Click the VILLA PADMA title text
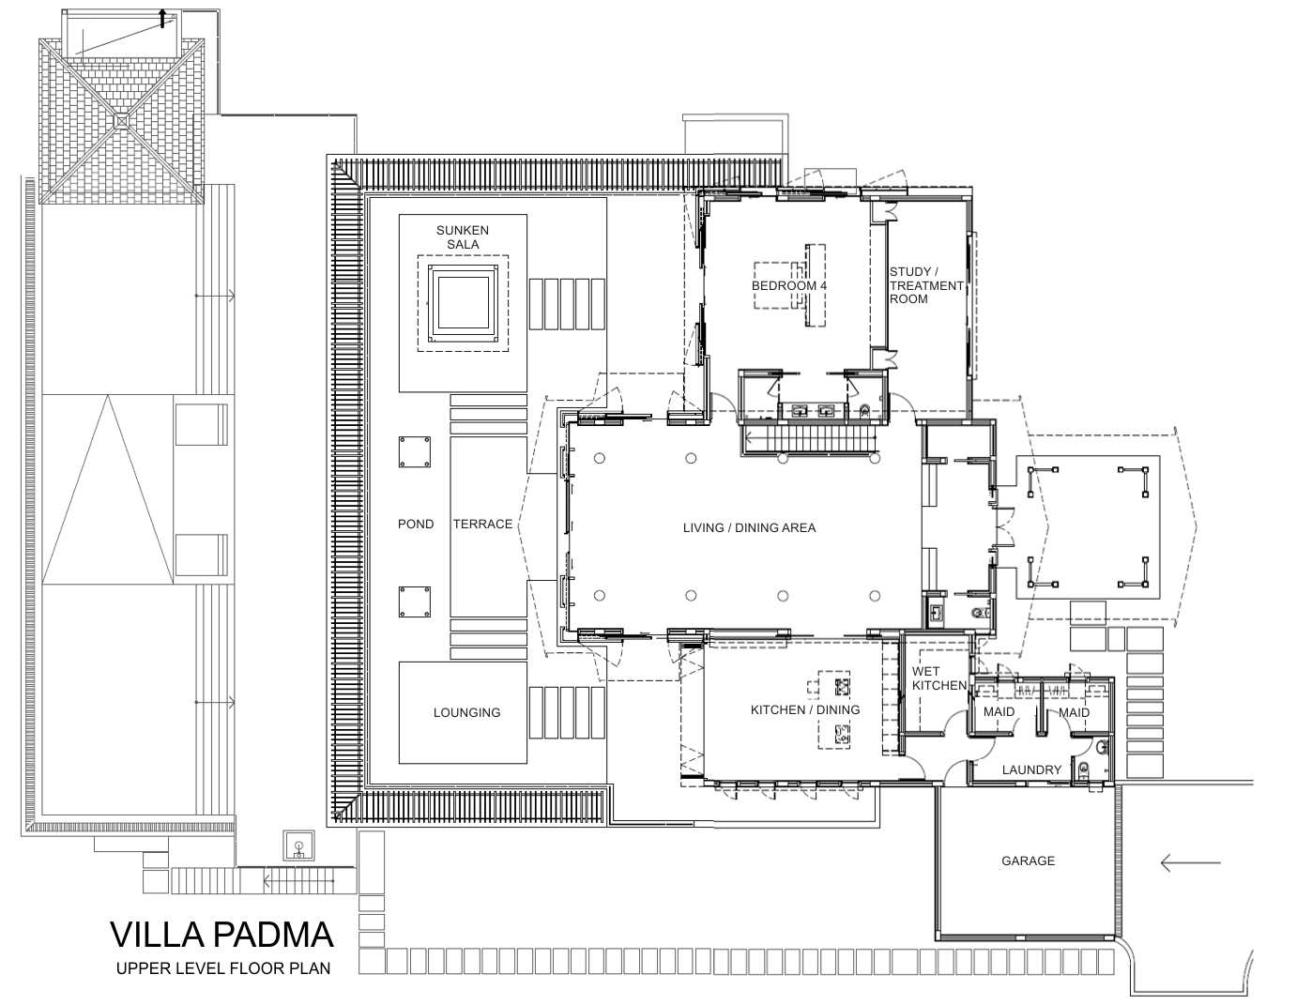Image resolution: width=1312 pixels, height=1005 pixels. click(x=221, y=935)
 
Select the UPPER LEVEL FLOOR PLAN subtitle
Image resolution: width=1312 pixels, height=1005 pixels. click(x=223, y=968)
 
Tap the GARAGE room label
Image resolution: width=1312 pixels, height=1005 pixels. click(x=1028, y=860)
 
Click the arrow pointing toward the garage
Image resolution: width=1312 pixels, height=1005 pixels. click(x=1190, y=862)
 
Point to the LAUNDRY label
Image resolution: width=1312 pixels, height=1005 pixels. click(x=1031, y=769)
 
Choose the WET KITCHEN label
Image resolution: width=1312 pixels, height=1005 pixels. click(x=939, y=678)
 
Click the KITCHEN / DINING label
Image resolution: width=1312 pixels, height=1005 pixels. click(x=804, y=709)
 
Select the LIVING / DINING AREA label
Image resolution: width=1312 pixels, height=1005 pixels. click(x=749, y=527)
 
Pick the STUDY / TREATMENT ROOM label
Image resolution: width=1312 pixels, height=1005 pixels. click(x=925, y=285)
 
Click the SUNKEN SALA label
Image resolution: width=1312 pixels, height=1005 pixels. click(x=463, y=236)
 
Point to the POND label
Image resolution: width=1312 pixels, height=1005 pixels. click(x=416, y=524)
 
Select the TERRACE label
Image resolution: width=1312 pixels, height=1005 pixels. click(x=482, y=524)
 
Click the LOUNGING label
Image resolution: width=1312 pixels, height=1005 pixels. click(x=466, y=712)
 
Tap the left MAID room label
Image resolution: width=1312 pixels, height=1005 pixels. click(x=999, y=712)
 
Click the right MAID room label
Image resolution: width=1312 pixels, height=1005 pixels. click(x=1075, y=712)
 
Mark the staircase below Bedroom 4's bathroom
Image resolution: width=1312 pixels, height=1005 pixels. click(x=812, y=438)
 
